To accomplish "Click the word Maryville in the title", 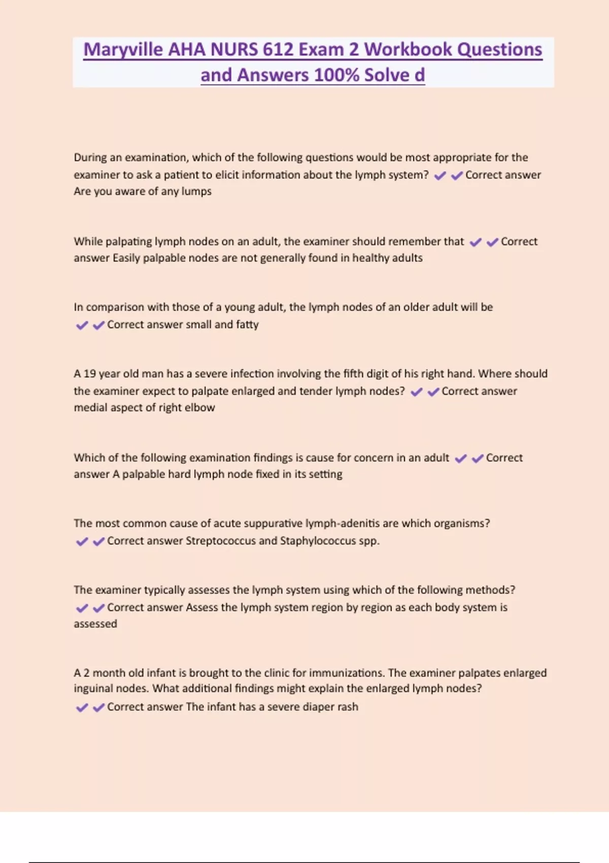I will click(x=123, y=50).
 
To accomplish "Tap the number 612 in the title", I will click(x=277, y=50).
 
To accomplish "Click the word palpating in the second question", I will click(x=128, y=242).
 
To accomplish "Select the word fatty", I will click(x=247, y=324).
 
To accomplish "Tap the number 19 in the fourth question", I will click(x=89, y=374).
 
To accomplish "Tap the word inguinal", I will click(x=93, y=689).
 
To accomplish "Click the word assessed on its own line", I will click(x=95, y=624).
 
